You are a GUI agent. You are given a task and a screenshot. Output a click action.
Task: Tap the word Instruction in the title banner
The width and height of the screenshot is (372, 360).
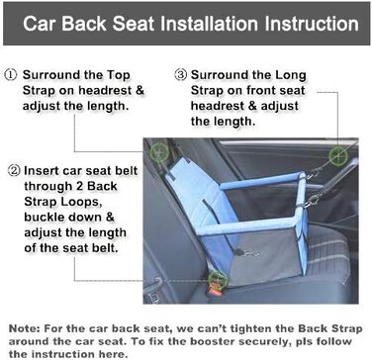point(312,24)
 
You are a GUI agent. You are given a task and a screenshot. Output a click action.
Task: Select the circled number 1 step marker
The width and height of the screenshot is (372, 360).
point(10,75)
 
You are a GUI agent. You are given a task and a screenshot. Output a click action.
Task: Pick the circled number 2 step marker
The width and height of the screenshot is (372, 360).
point(13,171)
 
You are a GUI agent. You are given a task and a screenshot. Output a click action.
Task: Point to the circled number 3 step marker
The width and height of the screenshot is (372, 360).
point(181,75)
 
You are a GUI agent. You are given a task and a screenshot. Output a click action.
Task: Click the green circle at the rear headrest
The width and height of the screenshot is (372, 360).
point(160,151)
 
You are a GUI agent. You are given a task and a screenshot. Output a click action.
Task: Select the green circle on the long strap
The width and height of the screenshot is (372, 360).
point(338,155)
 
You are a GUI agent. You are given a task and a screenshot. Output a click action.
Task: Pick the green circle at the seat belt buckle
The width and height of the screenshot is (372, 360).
point(219,280)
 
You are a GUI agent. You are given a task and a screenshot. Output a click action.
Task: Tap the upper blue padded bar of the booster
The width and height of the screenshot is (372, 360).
point(262,181)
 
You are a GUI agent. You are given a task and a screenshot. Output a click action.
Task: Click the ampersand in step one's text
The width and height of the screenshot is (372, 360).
point(139,91)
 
